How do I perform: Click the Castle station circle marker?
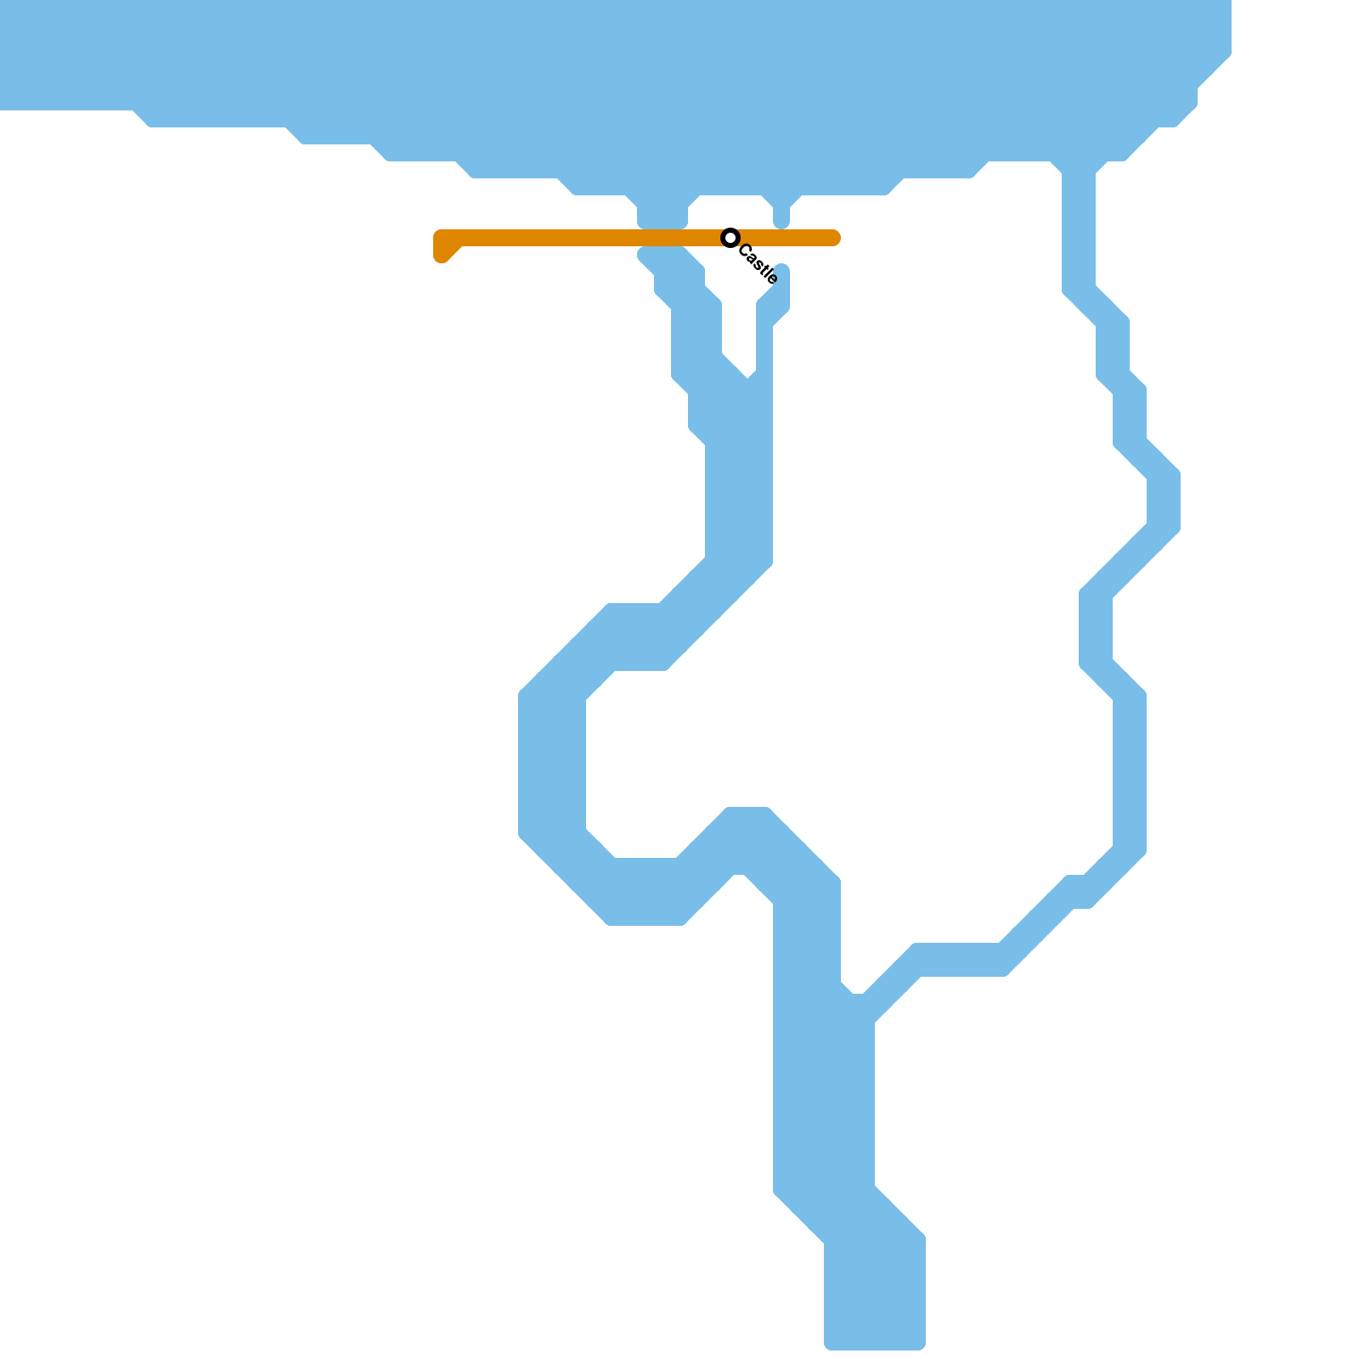click(x=730, y=238)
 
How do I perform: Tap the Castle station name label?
click(x=758, y=264)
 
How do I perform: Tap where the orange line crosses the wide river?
click(x=663, y=238)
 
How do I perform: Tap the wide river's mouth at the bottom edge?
click(x=875, y=1342)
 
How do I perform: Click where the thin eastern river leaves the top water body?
click(x=1079, y=170)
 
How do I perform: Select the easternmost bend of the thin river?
click(x=1164, y=501)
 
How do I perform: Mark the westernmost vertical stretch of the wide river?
click(x=552, y=764)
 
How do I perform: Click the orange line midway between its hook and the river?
click(x=552, y=238)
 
